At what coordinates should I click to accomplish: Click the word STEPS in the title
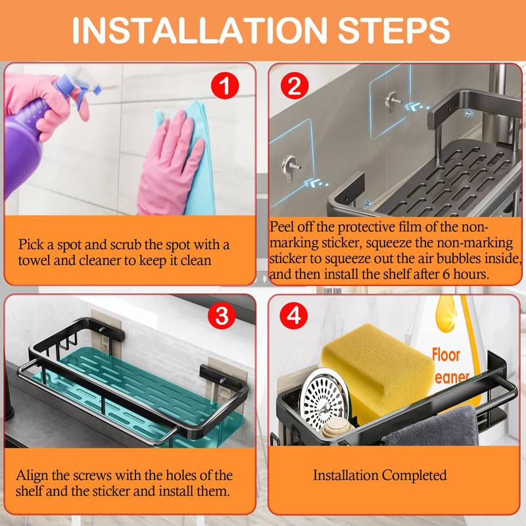coord(393,30)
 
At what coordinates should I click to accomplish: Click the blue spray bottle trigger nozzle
coord(78,89)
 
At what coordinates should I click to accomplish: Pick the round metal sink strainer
coord(325,399)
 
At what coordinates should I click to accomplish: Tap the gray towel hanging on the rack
coord(433,427)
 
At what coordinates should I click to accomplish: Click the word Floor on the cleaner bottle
coord(446,355)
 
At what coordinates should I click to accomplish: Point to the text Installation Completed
coord(380,475)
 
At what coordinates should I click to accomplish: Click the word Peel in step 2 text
coord(281,227)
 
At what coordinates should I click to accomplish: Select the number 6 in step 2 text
coord(446,275)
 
